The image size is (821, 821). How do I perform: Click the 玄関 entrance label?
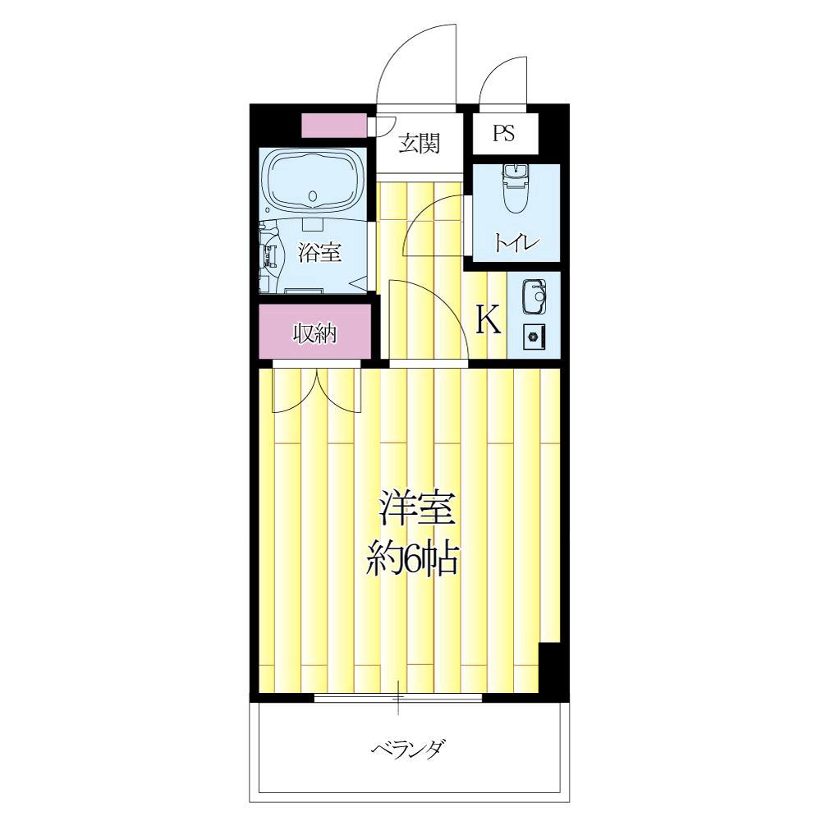coord(420,144)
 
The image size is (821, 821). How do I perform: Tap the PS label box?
coord(503,134)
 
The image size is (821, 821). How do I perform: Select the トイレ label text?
coord(516,243)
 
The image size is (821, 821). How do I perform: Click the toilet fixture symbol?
coord(515,189)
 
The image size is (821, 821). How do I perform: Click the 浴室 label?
coord(320,253)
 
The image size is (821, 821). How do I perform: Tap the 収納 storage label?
coord(316,334)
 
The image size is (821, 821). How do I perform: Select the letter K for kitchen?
coord(489,320)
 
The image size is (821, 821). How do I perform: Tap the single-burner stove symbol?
coord(534,336)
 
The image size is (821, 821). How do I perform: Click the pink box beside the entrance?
coord(333,126)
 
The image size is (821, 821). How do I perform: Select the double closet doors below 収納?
coord(317,390)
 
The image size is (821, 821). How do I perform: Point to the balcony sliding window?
coord(398,699)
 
